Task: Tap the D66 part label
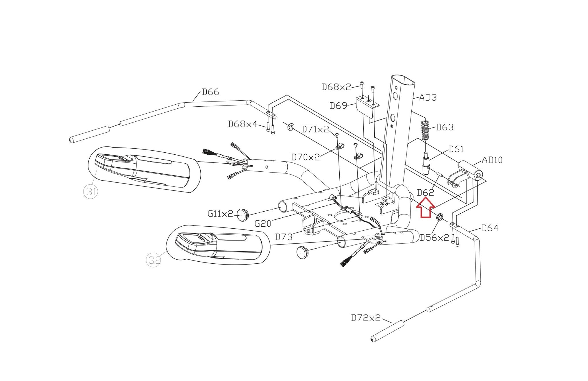(210, 92)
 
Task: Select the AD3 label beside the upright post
(428, 98)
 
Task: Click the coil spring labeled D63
(425, 130)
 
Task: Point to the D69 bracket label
(338, 106)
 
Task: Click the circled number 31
(91, 191)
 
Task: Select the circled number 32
(154, 260)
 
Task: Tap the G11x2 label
(220, 214)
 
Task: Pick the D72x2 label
(365, 318)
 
